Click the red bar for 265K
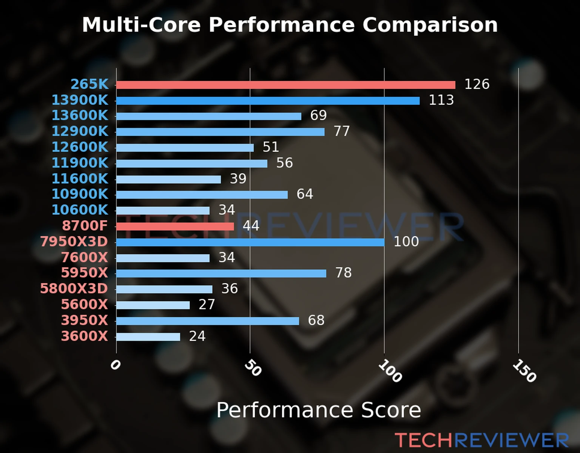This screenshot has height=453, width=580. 285,85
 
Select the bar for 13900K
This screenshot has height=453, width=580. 268,101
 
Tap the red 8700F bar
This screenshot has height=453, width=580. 175,226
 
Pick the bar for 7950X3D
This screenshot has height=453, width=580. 250,242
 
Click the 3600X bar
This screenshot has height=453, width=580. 148,337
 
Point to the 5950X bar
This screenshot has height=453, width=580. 221,273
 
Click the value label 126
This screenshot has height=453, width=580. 477,84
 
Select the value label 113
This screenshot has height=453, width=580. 441,100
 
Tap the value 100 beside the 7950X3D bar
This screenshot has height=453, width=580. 406,242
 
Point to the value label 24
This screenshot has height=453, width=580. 197,336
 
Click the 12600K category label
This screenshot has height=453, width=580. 80,147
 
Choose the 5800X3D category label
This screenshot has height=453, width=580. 74,288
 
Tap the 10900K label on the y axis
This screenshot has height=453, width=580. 80,194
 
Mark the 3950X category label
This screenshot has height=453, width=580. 85,320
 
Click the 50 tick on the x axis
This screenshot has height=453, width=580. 253,368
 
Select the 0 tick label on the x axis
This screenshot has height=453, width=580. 115,365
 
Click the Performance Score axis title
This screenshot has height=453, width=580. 318,410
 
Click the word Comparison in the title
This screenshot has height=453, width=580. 430,25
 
